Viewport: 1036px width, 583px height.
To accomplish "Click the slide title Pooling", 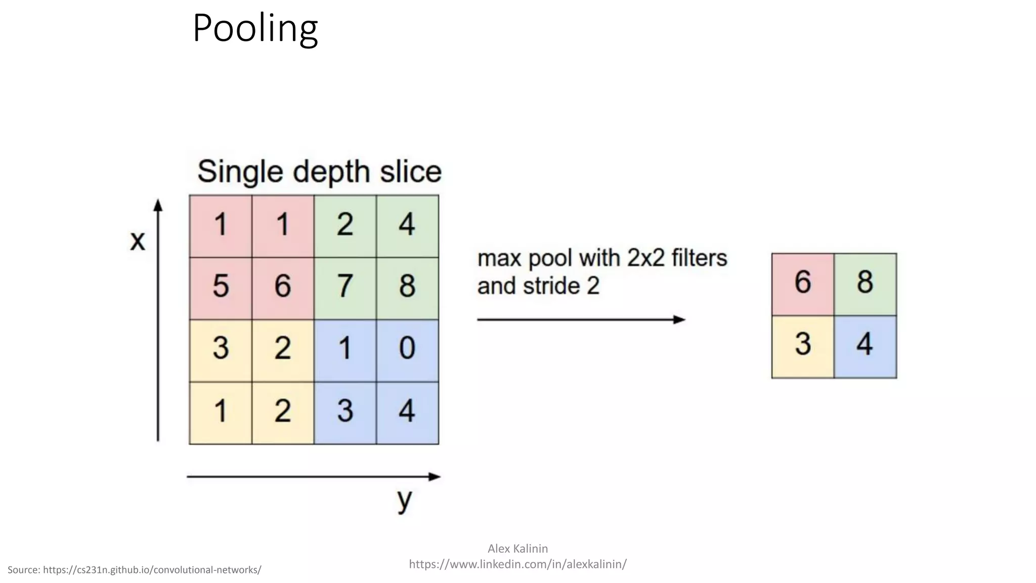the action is (x=255, y=28).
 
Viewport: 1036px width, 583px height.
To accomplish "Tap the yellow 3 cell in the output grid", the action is (x=803, y=347).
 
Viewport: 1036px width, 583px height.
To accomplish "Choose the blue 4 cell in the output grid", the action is (x=865, y=347).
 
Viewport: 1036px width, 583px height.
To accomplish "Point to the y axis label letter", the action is (x=405, y=500).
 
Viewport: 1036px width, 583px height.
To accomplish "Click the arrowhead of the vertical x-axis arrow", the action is (x=158, y=205).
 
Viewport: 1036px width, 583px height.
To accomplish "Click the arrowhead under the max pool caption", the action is (x=679, y=319).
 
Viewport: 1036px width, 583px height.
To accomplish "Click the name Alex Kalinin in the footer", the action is (x=517, y=549).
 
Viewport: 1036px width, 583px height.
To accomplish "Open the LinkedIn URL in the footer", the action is (x=517, y=564).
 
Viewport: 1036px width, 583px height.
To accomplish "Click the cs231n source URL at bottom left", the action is (x=152, y=570).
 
